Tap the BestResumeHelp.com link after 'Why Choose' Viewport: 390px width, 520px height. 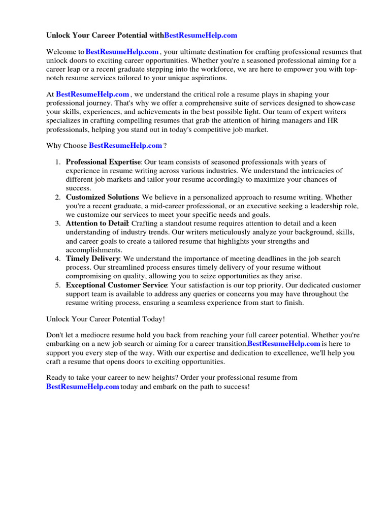click(125, 146)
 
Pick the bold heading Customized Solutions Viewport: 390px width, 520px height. click(102, 197)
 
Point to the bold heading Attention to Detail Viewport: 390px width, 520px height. click(97, 223)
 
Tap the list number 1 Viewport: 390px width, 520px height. click(58, 162)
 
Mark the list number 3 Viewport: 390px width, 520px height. click(58, 223)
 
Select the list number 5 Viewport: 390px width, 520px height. click(58, 285)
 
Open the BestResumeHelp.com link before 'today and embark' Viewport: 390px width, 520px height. click(83, 387)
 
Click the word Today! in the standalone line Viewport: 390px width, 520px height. click(154, 319)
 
